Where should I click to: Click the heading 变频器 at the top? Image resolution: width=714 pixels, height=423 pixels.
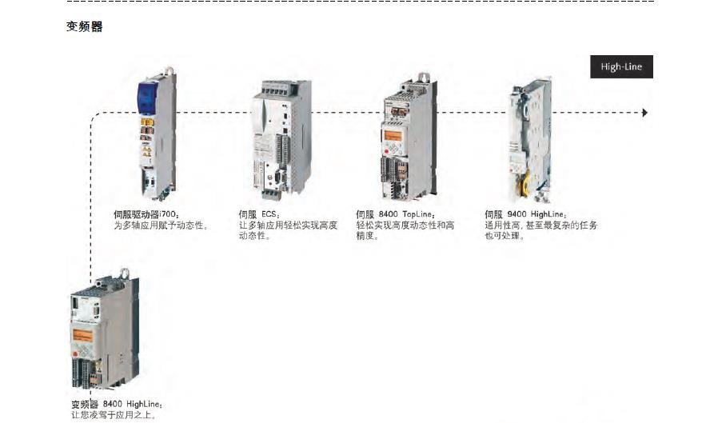84,27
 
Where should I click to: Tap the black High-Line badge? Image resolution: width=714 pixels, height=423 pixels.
620,67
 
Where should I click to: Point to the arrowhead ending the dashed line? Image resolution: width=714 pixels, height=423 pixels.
644,113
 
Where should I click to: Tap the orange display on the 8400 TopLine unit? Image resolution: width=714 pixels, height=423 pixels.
393,135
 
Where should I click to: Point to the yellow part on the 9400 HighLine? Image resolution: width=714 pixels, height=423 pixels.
529,186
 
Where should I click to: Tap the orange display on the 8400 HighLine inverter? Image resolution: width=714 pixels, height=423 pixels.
83,334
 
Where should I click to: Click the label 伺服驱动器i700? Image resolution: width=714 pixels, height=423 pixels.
147,214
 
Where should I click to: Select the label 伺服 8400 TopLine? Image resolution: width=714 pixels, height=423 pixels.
396,214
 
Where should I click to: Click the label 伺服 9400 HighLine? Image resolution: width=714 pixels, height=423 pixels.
526,214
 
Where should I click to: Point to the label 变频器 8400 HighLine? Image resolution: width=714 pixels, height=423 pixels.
117,405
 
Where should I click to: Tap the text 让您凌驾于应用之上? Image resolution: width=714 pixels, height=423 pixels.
111,415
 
